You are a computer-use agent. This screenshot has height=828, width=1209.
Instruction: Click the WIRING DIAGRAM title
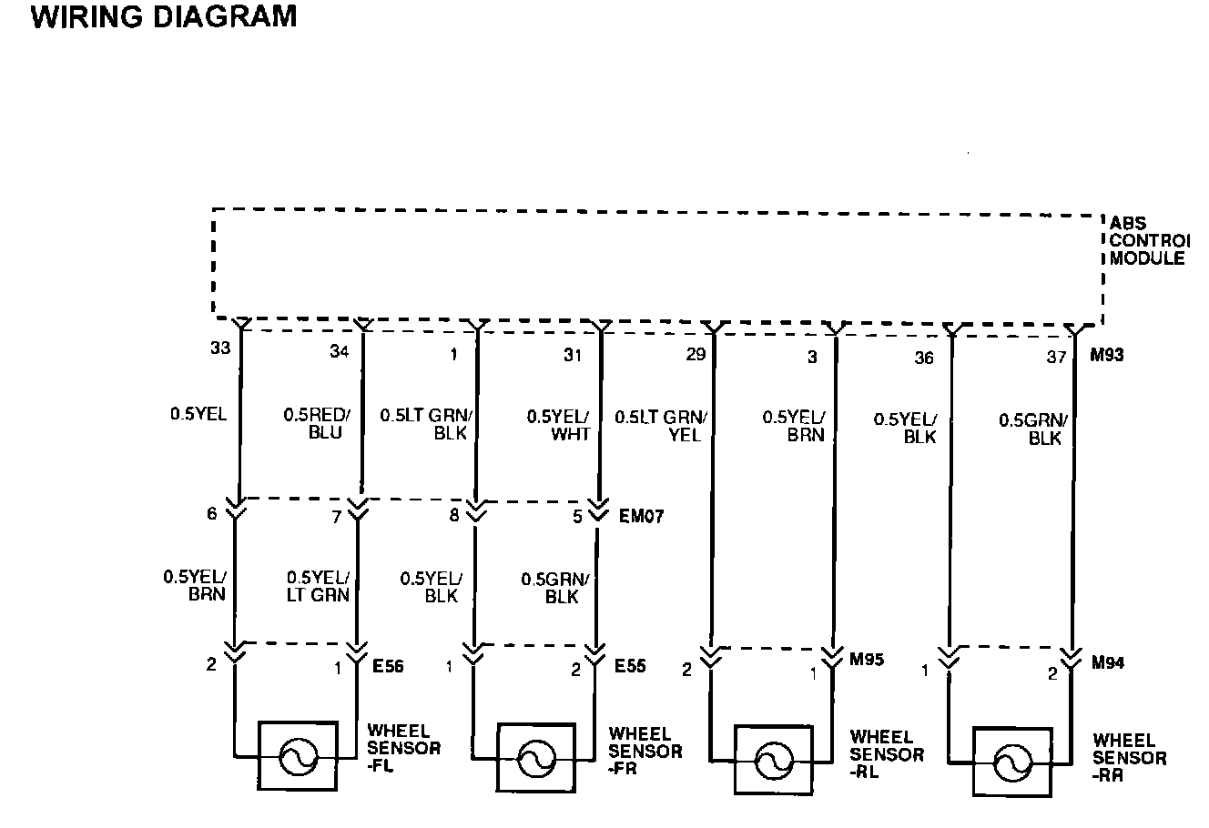(x=164, y=17)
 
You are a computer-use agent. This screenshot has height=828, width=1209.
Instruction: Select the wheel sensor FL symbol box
(x=297, y=755)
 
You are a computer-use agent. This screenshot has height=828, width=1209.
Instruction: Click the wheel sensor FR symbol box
(x=536, y=757)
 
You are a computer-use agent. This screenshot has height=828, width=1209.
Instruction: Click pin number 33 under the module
(x=220, y=348)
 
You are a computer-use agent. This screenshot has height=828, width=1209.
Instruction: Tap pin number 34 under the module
(x=340, y=353)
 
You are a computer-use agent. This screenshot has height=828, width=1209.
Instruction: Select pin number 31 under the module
(x=572, y=355)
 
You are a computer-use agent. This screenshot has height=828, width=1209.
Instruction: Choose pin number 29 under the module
(x=696, y=355)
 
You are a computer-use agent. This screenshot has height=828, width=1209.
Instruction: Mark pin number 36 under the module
(x=923, y=358)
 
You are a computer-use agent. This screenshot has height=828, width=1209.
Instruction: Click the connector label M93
(x=1107, y=355)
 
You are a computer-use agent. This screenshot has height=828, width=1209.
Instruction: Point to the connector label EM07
(x=642, y=517)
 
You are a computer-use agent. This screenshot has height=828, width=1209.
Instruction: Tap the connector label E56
(x=388, y=667)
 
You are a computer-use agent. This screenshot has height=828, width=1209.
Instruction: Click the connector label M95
(x=867, y=661)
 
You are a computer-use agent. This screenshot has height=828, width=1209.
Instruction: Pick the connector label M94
(x=1107, y=663)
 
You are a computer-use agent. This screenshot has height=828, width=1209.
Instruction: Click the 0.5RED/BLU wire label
(x=316, y=423)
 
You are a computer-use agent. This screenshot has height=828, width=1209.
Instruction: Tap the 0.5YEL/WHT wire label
(x=558, y=425)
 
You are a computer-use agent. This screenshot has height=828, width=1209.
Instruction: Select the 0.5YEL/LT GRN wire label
(x=318, y=586)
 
